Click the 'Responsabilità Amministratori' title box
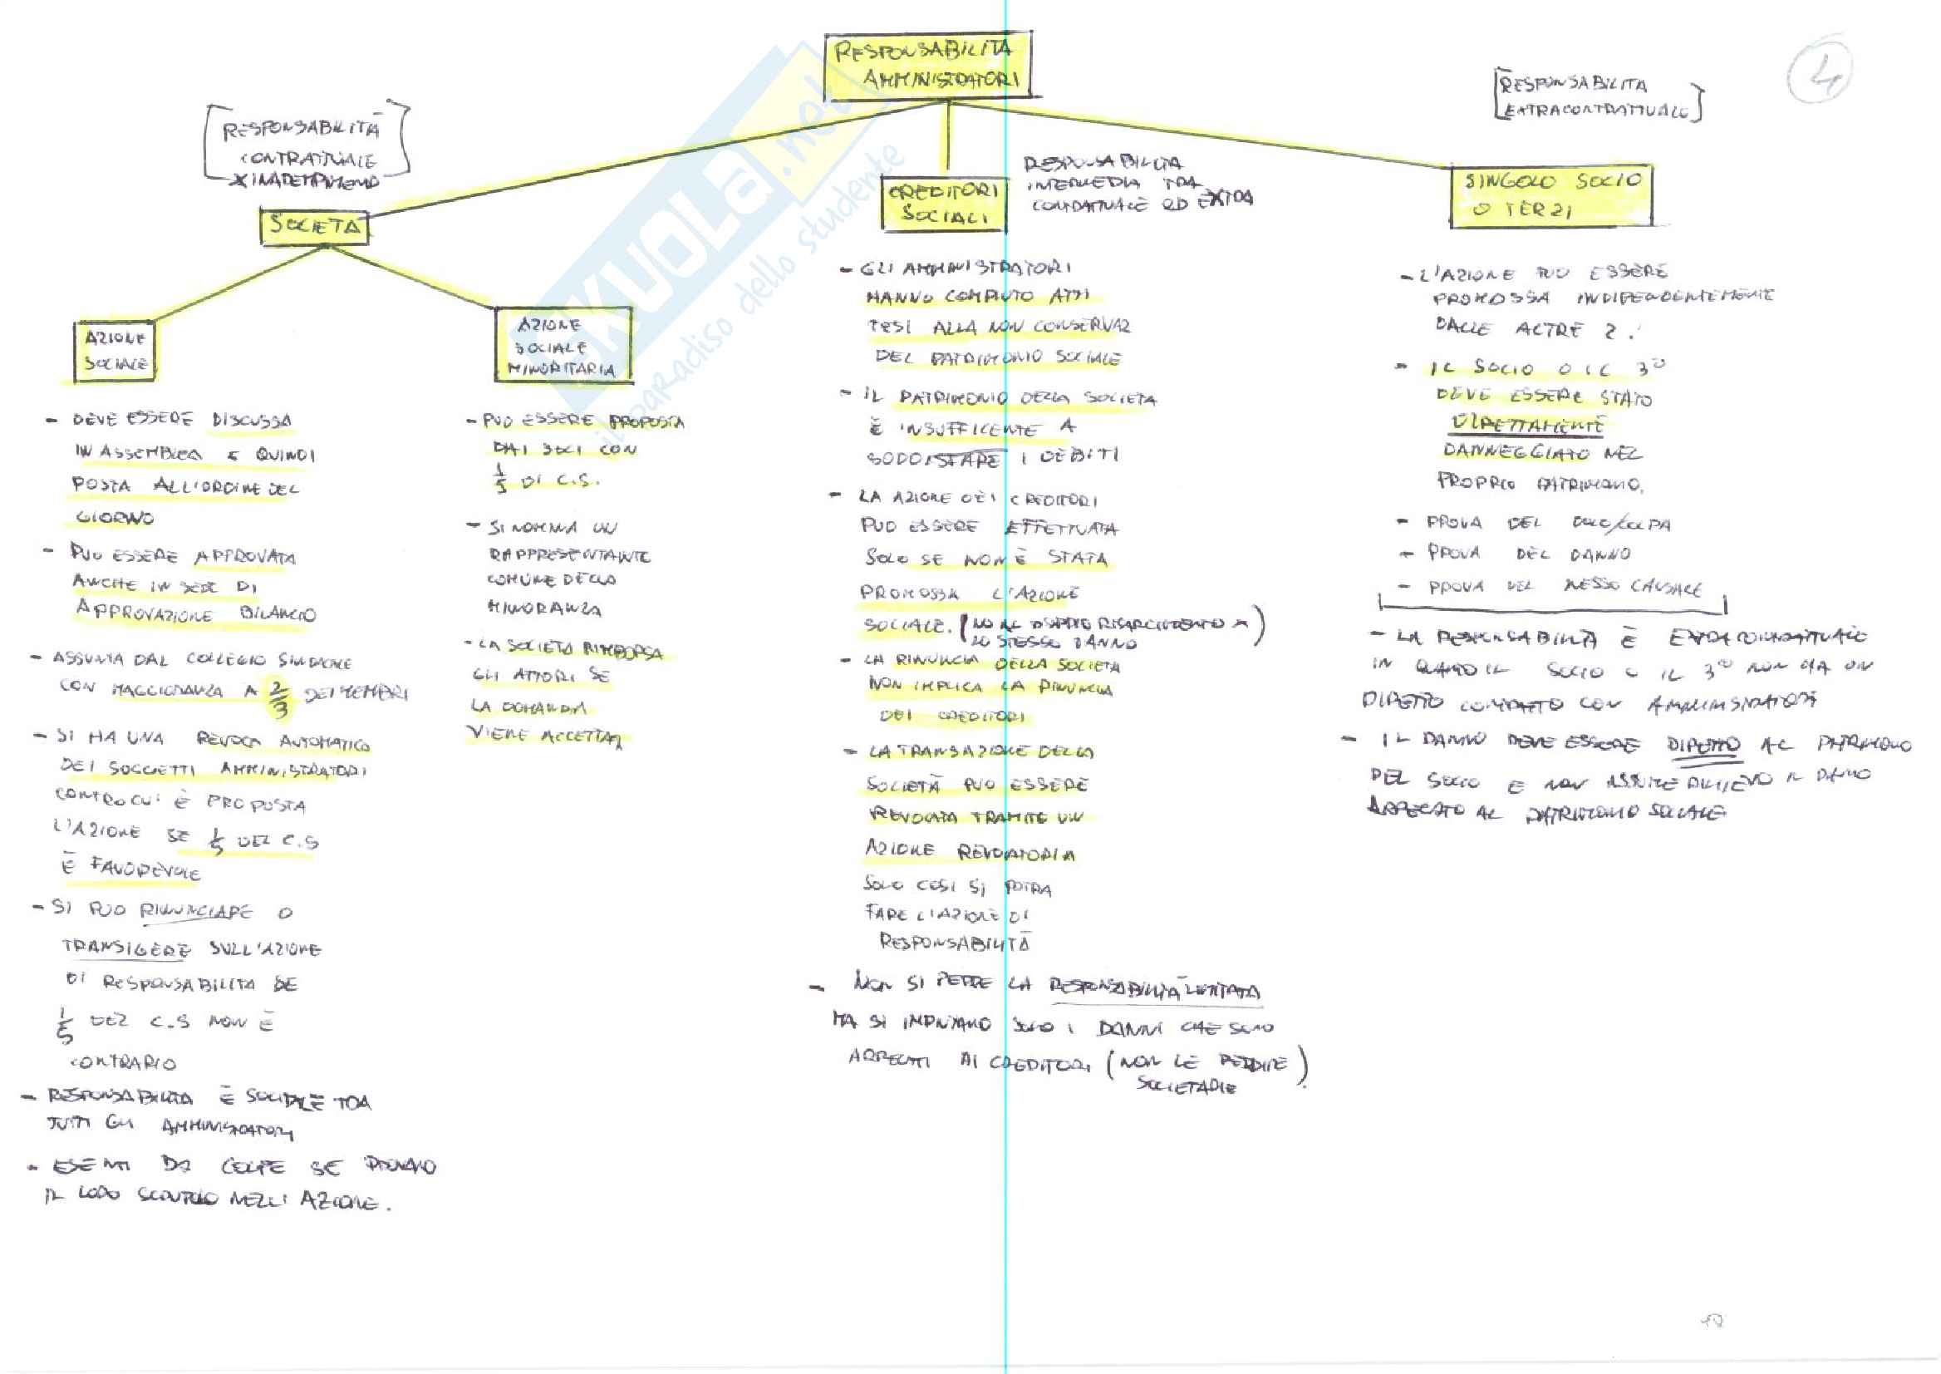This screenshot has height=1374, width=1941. (928, 66)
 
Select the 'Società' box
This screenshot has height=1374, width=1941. (314, 226)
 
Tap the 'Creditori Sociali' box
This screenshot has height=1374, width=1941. (943, 203)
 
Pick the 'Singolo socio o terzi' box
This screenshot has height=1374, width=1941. (1550, 195)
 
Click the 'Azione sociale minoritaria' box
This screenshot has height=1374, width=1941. (563, 345)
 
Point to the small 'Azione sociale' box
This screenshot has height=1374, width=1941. (115, 350)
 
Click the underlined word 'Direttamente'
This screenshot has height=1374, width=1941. (1526, 424)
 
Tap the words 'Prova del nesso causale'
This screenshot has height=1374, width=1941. (1565, 586)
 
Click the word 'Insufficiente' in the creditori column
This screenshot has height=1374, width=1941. (968, 429)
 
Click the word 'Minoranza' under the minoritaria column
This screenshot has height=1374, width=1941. (545, 608)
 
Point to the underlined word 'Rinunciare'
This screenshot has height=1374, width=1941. (195, 911)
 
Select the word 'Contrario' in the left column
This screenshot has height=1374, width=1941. (123, 1061)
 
